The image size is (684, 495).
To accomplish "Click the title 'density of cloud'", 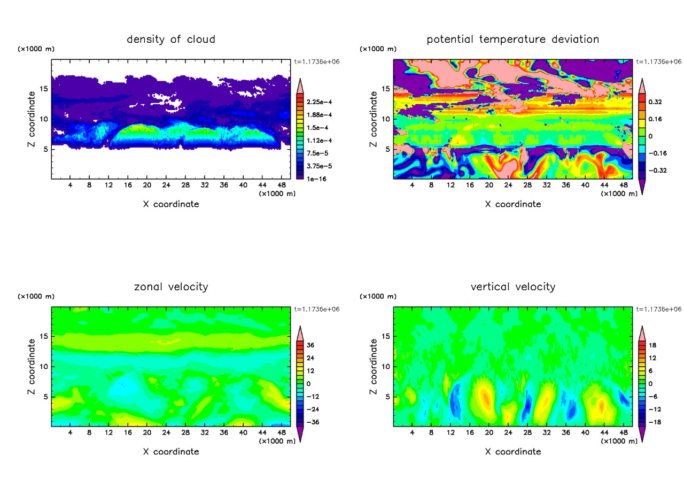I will (171, 39).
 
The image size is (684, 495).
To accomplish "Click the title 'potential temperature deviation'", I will (513, 39).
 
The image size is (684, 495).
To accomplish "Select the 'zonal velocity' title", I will (171, 287).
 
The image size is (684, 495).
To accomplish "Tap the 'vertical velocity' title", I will (513, 287).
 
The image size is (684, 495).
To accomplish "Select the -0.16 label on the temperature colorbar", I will (657, 153).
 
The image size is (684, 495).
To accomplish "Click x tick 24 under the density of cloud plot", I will (166, 185).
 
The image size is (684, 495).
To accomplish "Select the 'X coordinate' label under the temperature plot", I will (513, 204).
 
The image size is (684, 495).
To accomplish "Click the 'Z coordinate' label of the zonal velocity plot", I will (33, 366).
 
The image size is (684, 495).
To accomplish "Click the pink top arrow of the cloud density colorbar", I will (300, 84).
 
